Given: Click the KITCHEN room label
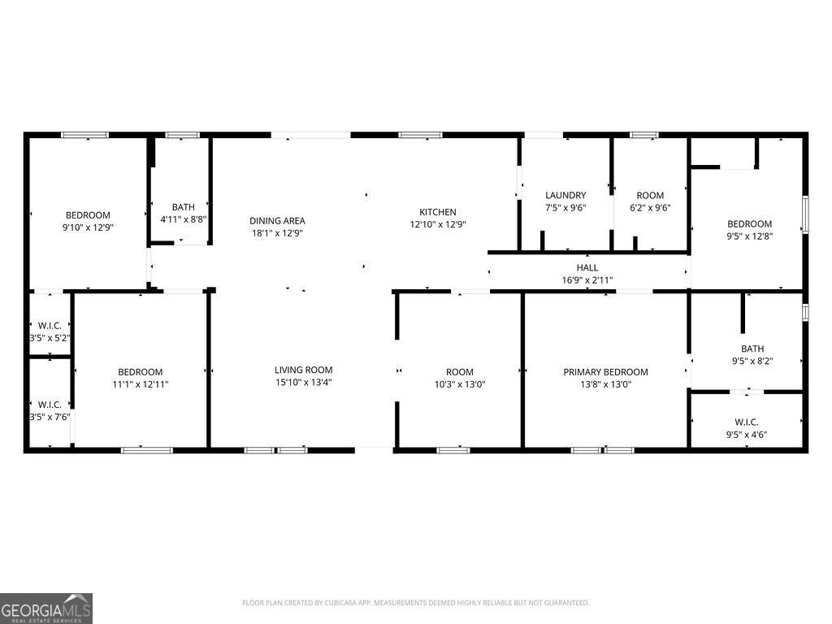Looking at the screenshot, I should [x=437, y=212].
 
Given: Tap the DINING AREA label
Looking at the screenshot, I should [x=277, y=220].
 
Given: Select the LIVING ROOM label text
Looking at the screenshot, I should [x=303, y=370].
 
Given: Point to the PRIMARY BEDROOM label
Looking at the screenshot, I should [x=605, y=372].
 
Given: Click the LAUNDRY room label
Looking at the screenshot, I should [x=565, y=195].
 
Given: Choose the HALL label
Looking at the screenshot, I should [x=587, y=267].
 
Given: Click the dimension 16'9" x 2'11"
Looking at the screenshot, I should [x=587, y=280].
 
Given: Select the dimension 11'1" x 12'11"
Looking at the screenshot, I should [x=140, y=384].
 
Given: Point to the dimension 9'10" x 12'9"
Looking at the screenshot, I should [x=88, y=228].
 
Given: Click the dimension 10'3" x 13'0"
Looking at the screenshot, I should [x=459, y=384].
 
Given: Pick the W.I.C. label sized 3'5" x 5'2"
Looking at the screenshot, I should [x=50, y=325].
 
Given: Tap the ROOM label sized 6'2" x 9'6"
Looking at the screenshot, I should [x=650, y=195].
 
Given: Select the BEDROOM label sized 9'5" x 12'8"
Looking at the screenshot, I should [x=749, y=223].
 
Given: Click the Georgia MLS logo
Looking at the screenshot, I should [x=46, y=608].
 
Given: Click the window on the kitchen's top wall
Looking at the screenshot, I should [x=420, y=135].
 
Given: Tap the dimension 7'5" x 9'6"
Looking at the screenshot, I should [x=565, y=207].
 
